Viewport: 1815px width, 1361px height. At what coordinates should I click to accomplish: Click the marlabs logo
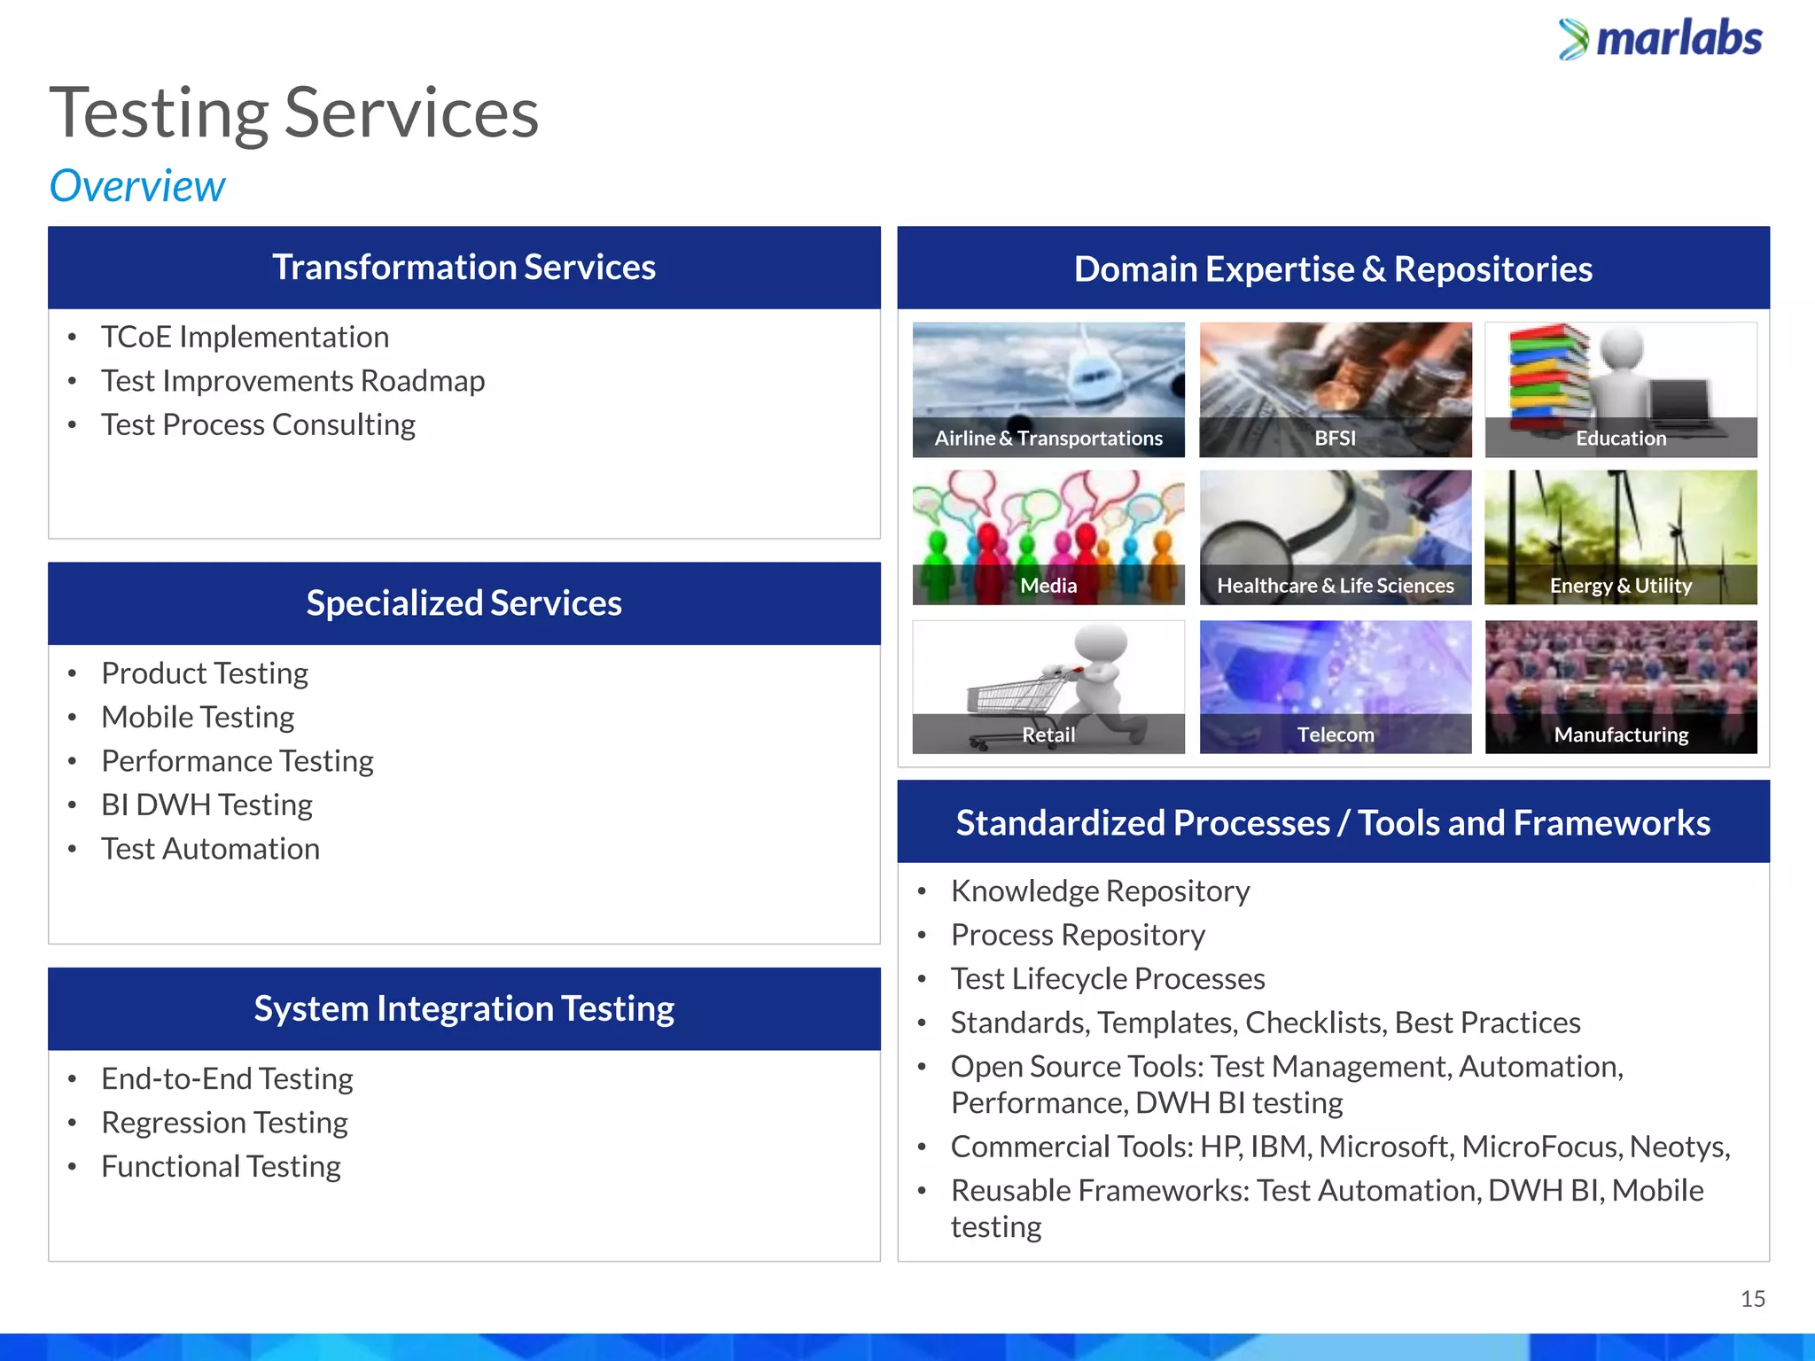(x=1660, y=40)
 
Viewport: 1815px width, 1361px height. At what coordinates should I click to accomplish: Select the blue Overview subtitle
(x=137, y=187)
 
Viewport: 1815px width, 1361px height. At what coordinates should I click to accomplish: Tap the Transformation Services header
(x=463, y=268)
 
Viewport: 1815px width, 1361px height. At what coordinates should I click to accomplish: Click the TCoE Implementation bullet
(x=245, y=338)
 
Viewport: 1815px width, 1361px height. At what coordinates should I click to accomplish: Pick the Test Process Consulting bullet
(x=258, y=425)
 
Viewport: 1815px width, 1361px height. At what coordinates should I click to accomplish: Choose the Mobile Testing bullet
(x=198, y=717)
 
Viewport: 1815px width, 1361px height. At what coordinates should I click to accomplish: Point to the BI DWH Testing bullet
(x=206, y=805)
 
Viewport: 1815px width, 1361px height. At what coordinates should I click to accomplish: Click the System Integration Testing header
(x=463, y=1009)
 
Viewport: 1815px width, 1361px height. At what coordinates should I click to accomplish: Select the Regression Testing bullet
(x=224, y=1123)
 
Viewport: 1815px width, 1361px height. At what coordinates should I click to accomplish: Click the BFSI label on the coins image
(x=1335, y=438)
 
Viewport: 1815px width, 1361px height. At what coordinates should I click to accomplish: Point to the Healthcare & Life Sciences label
(x=1335, y=586)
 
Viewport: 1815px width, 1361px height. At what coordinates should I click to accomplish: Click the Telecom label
(x=1335, y=735)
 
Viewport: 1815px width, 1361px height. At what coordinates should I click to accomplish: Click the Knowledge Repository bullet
(x=1100, y=891)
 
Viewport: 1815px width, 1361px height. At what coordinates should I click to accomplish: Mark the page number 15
(x=1752, y=1299)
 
